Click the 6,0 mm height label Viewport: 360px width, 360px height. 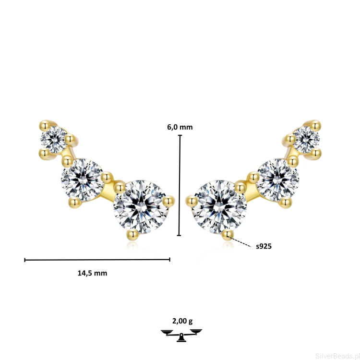(180, 127)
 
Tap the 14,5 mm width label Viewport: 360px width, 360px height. (92, 273)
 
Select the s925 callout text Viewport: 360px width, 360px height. (264, 246)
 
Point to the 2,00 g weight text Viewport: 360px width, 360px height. (182, 321)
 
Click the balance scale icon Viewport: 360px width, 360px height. (181, 335)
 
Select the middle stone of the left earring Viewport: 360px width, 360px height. (82, 180)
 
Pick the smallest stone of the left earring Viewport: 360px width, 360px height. (54, 140)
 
